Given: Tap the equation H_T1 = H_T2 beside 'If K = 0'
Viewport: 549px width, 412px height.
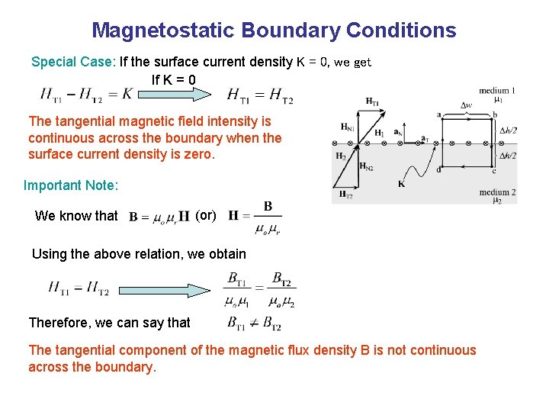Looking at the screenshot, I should point(259,95).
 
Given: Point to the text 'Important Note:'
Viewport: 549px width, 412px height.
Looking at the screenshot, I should point(72,185).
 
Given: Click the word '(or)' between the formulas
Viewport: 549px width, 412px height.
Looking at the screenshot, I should point(206,215).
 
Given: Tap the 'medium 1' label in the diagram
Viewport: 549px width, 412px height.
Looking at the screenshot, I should point(497,91).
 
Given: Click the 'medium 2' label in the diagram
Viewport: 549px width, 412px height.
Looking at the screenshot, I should point(497,192).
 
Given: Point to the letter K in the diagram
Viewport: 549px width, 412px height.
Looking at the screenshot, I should point(402,184).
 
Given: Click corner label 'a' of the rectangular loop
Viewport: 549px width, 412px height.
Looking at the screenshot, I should point(438,114).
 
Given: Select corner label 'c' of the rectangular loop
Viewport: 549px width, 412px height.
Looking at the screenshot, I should point(494,171).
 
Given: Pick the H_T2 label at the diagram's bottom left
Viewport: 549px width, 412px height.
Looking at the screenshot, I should point(345,195).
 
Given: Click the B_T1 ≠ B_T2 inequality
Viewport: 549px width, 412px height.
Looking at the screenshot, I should point(254,323).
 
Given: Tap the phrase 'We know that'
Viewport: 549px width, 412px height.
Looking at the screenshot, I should point(76,216).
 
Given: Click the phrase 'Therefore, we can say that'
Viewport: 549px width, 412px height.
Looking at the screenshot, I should point(109,323).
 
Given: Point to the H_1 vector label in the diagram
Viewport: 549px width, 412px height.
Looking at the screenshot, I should point(379,133).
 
